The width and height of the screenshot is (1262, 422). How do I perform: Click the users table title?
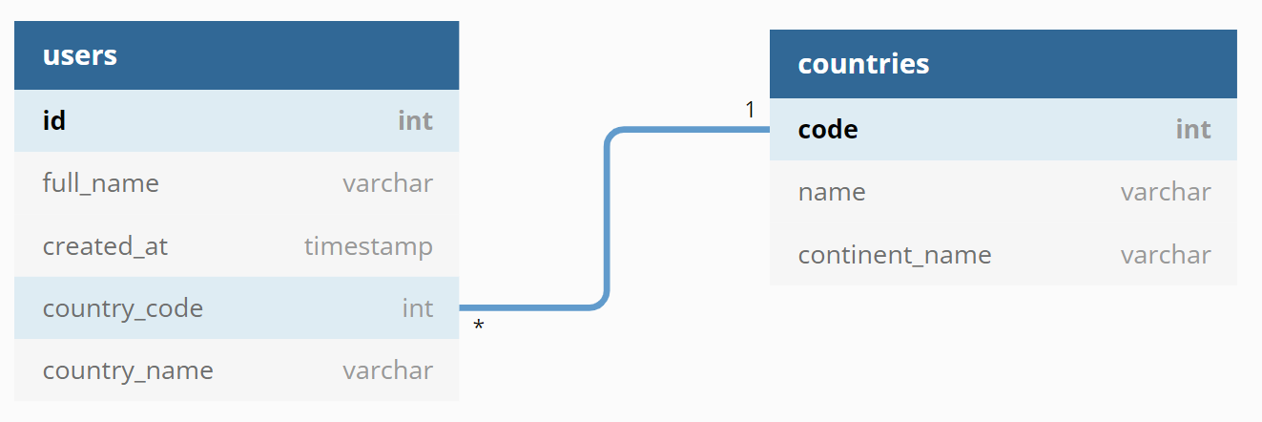pos(80,55)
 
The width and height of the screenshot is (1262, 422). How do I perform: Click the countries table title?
pos(863,64)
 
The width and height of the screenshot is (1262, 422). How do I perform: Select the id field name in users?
pos(54,120)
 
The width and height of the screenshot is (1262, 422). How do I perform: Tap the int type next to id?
pos(415,120)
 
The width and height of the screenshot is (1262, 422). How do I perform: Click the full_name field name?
pos(101,183)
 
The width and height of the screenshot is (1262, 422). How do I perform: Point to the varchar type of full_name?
pos(387,183)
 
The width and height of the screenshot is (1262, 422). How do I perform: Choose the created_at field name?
pos(105,246)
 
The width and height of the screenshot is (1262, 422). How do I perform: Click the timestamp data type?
pos(368,246)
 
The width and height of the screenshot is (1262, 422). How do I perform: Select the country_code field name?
pos(123,308)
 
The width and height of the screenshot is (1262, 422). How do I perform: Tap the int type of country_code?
pos(418,308)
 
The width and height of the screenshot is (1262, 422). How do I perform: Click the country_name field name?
pos(128,370)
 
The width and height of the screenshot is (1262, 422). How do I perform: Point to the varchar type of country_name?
pos(387,370)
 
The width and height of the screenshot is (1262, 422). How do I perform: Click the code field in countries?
pos(828,130)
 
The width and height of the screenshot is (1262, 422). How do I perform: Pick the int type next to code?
pos(1193,129)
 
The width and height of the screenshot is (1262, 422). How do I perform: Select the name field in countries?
pos(832,193)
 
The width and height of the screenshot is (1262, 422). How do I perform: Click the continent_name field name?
pos(895,255)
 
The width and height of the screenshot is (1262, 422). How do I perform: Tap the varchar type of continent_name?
pos(1166,255)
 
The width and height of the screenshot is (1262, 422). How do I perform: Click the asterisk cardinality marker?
pos(478,325)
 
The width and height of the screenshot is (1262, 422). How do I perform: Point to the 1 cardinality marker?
pos(750,110)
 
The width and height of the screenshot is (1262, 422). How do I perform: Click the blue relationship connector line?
pos(607,220)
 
